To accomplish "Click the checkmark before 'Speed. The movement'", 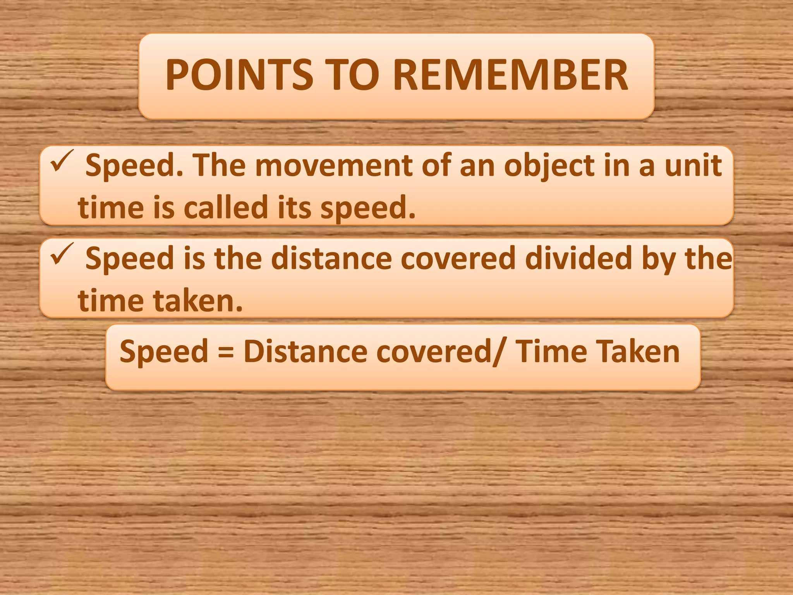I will click(62, 161).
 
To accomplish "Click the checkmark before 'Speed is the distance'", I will click(62, 254).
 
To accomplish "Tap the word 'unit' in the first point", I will click(693, 166).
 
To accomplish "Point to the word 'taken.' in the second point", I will click(198, 301).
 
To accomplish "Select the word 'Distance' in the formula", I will click(306, 351).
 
